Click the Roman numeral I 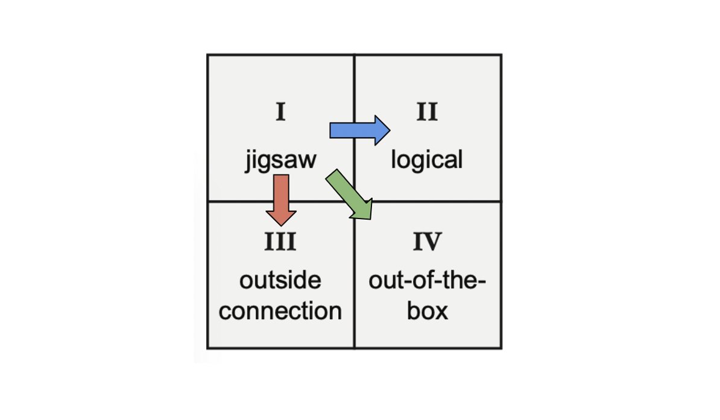point(280,113)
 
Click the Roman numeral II point(427,113)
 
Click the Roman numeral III point(280,242)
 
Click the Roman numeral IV point(427,242)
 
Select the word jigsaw point(280,162)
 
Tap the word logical point(427,160)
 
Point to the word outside point(280,280)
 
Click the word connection point(280,311)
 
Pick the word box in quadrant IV point(427,311)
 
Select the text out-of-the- point(427,280)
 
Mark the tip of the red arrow point(281,225)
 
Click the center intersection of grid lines point(354,201)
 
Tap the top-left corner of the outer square point(208,56)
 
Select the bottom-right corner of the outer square point(501,348)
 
